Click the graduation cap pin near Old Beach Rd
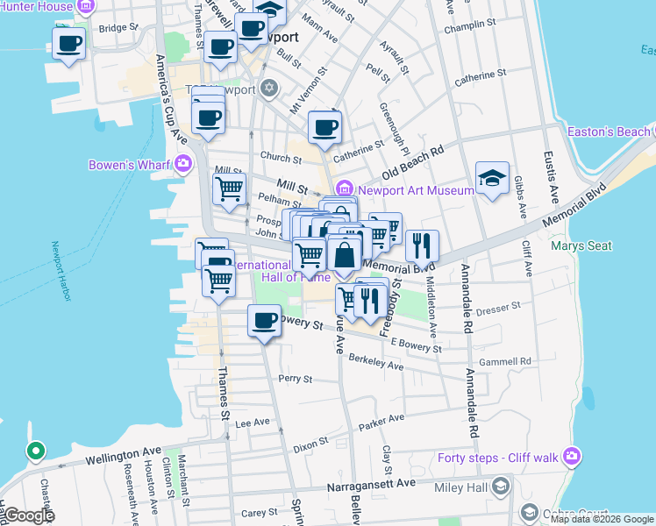tap(492, 178)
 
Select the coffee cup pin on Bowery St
tap(264, 321)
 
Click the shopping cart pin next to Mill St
tap(228, 188)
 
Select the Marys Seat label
tap(581, 245)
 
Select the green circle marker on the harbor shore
tap(35, 452)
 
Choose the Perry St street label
tap(295, 379)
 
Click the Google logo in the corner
tap(28, 515)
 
